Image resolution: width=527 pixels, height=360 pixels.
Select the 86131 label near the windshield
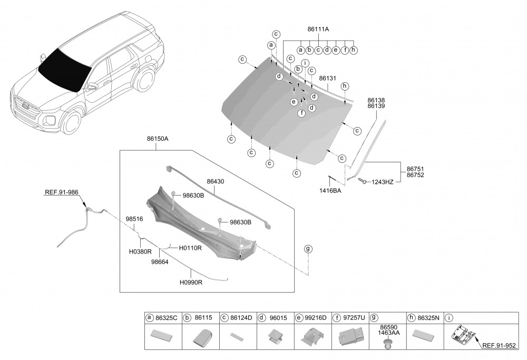(327, 78)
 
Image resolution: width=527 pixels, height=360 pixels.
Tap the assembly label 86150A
(158, 139)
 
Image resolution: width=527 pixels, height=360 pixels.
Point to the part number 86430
(215, 181)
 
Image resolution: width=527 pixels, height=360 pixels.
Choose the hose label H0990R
(191, 283)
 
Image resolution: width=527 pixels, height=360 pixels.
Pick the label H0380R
(140, 252)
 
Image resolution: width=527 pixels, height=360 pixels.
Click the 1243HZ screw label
(383, 182)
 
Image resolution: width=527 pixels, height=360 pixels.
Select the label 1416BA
(330, 191)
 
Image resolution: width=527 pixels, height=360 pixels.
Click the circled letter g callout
(308, 249)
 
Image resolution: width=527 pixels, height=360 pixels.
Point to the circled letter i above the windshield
(305, 63)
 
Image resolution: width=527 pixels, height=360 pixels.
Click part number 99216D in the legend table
(315, 318)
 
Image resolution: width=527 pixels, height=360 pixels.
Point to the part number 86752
(415, 175)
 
